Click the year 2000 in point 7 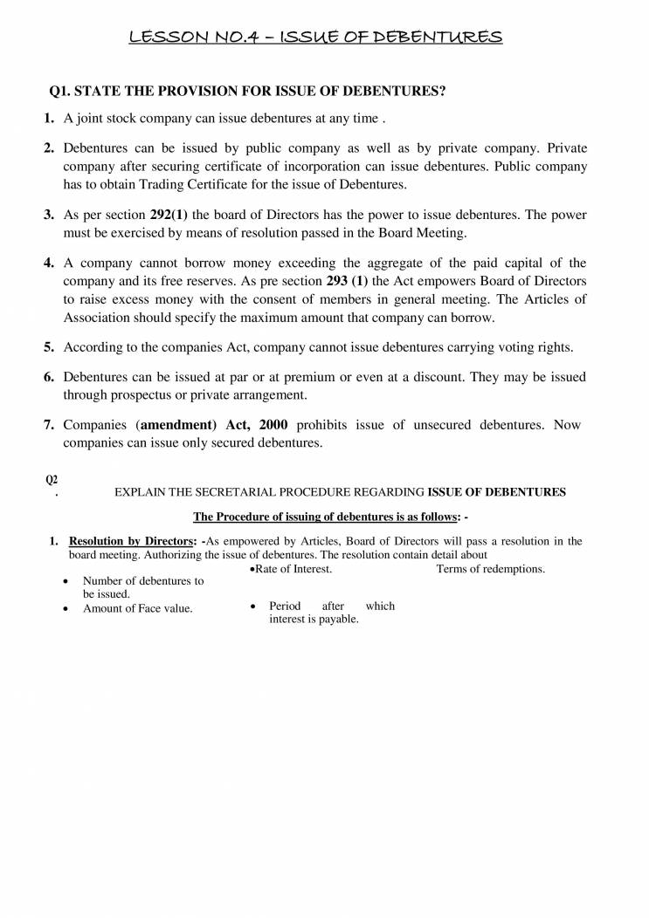277,425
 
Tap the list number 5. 50,346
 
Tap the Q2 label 52,478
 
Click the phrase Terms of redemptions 490,569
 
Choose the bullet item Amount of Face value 137,608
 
